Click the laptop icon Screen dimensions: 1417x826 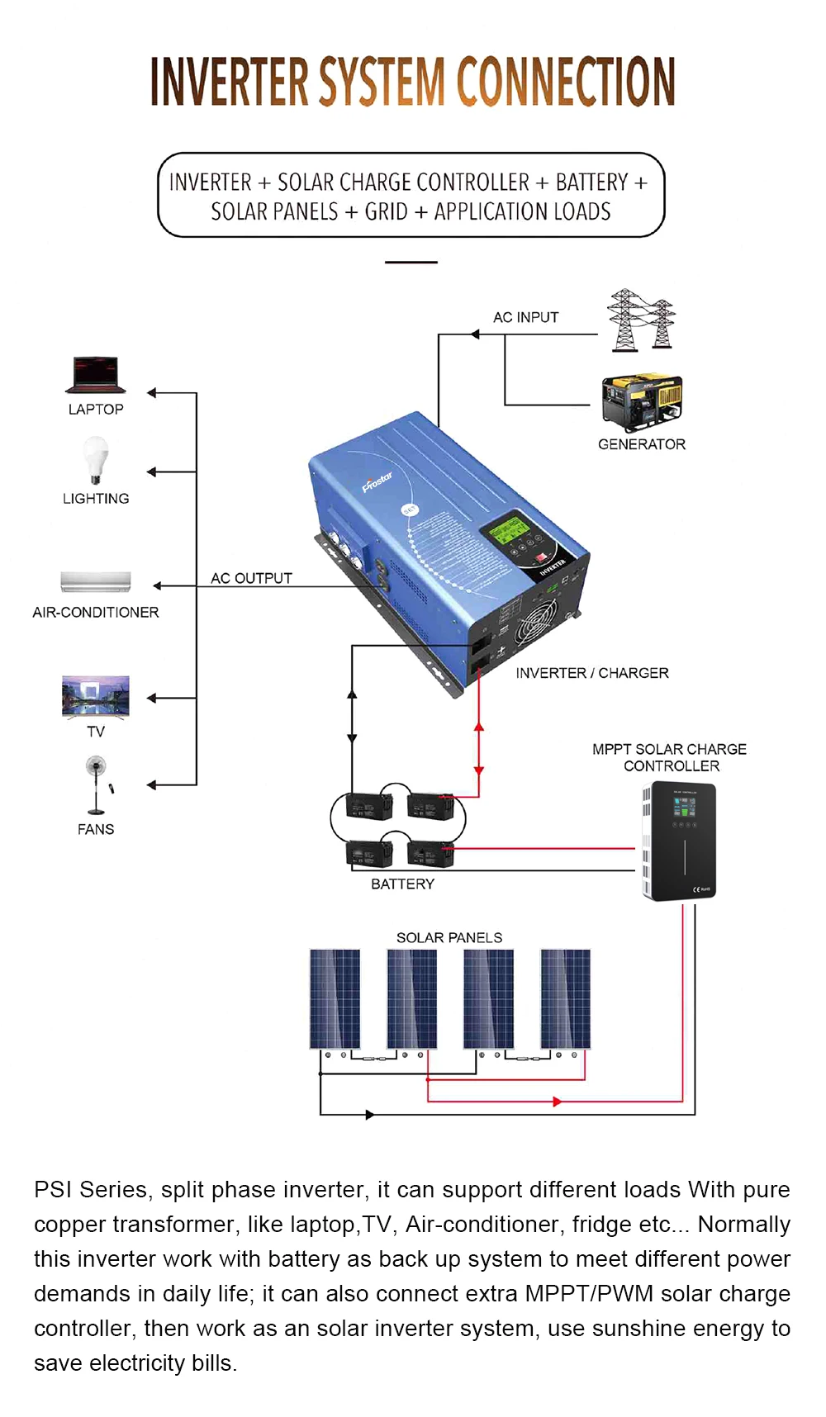pos(96,375)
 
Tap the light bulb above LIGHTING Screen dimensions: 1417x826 pos(96,459)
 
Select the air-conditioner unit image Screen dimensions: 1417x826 pos(96,581)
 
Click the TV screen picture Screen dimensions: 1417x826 pos(96,696)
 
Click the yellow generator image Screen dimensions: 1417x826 pos(643,402)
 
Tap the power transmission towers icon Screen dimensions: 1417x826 pos(641,320)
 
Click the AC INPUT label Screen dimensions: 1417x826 pos(525,318)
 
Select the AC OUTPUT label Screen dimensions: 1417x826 pos(251,578)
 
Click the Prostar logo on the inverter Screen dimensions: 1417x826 pos(377,481)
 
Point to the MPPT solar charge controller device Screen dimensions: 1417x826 pos(679,841)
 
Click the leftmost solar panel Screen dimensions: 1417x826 pos(335,998)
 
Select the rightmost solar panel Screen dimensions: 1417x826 pos(566,998)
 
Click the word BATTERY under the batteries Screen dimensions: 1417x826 pos(402,884)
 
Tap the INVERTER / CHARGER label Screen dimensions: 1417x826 pos(591,673)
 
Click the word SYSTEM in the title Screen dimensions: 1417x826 pos(382,83)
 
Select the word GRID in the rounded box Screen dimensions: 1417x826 pos(386,212)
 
